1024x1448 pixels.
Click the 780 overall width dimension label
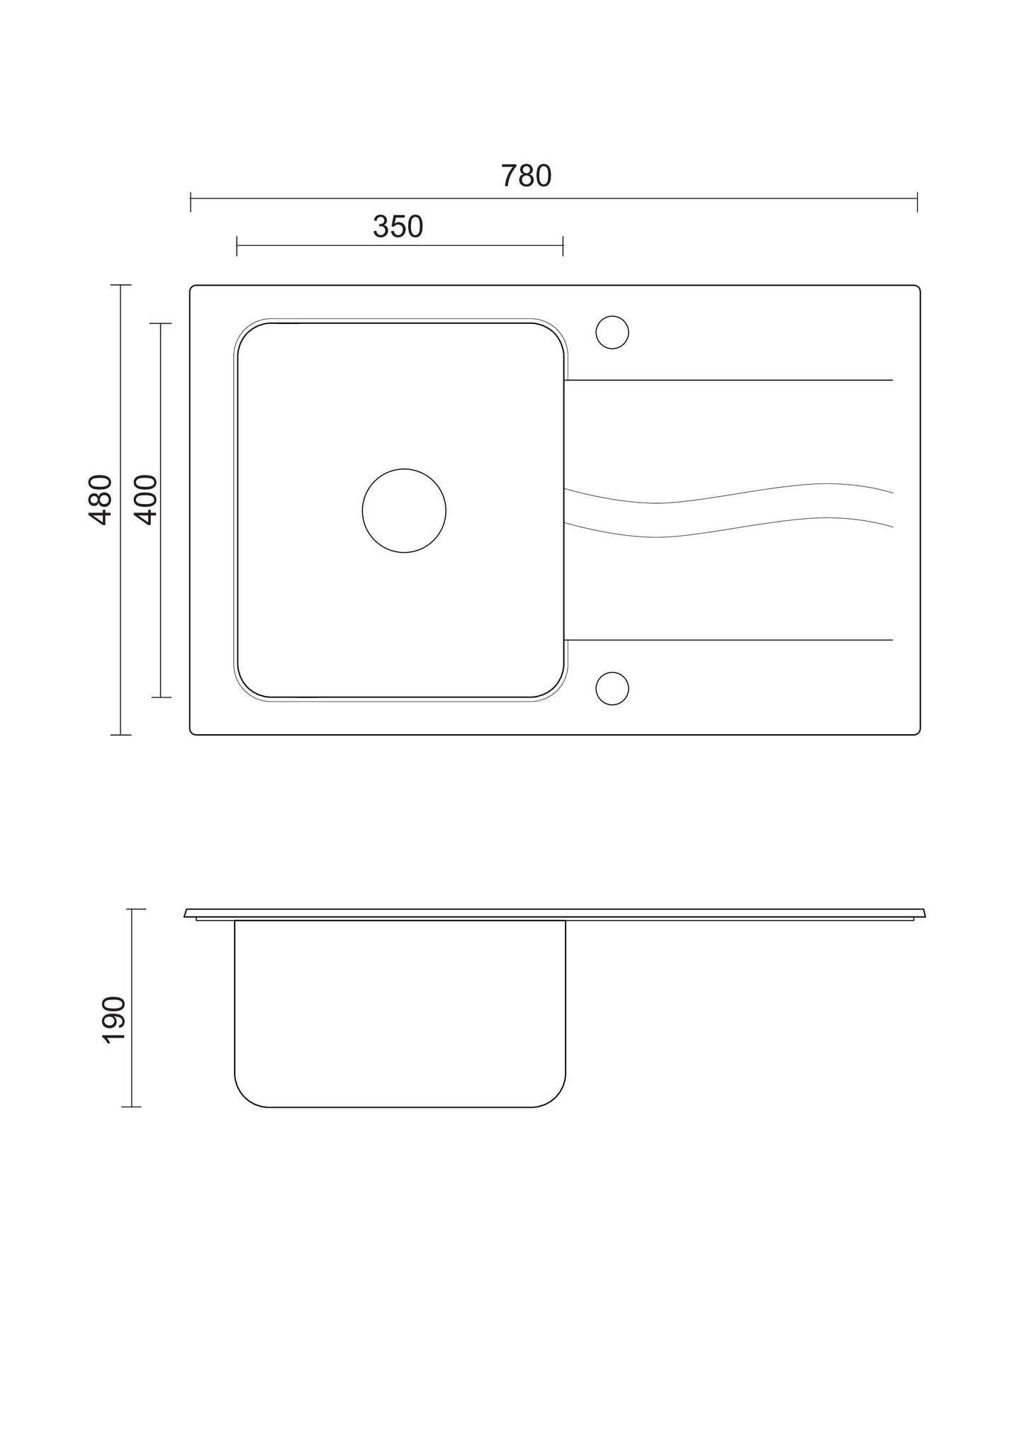[526, 176]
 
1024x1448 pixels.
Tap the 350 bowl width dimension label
[398, 227]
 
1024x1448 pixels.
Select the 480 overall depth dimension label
[101, 500]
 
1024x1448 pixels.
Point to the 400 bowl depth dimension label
[146, 500]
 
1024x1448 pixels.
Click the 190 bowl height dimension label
[114, 1019]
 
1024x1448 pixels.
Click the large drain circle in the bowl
[404, 469]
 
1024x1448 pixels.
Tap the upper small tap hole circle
[612, 316]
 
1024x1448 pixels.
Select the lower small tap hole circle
[612, 672]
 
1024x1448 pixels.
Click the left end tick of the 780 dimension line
[191, 201]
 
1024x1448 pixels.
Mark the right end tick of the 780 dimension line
[917, 201]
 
